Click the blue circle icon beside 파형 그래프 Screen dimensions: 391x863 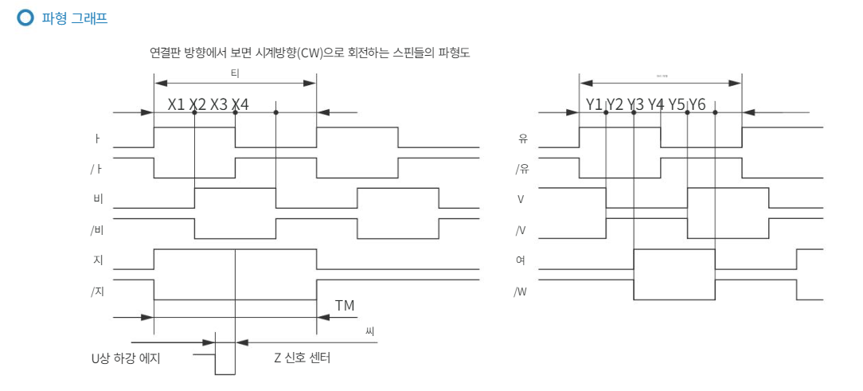point(25,18)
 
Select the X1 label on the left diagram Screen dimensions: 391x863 point(177,104)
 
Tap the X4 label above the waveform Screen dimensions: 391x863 point(240,104)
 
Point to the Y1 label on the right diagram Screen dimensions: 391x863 point(595,104)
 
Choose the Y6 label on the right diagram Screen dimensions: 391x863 point(697,104)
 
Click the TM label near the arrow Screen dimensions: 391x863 point(344,305)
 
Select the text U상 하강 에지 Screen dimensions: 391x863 point(126,358)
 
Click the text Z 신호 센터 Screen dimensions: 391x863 point(302,358)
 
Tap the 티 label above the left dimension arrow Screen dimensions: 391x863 point(235,73)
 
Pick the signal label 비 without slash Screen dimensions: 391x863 point(98,199)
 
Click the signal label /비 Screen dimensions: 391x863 point(97,230)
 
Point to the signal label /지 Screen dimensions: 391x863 point(97,291)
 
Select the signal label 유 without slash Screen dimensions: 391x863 point(523,139)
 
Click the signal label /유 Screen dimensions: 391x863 point(521,169)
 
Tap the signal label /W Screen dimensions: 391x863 point(521,291)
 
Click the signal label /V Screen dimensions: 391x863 point(521,230)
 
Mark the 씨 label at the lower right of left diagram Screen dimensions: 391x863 point(369,330)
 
